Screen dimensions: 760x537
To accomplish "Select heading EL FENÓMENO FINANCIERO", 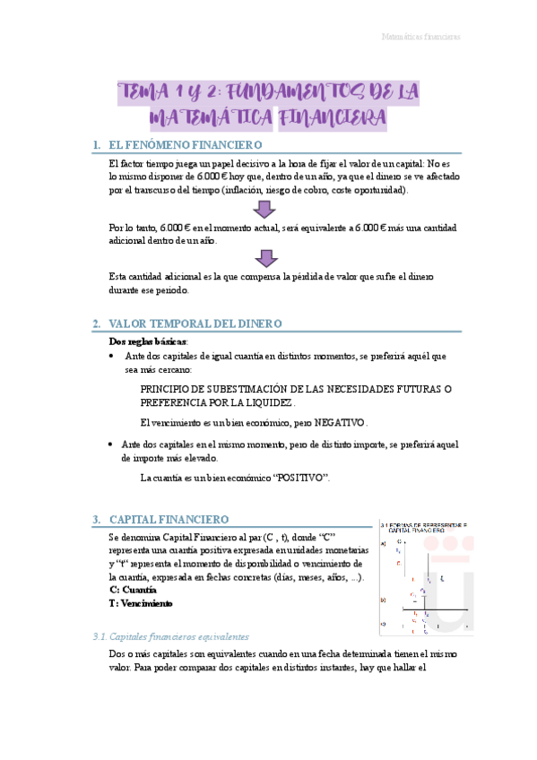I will click(184, 144).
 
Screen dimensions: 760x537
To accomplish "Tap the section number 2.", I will click(96, 323).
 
